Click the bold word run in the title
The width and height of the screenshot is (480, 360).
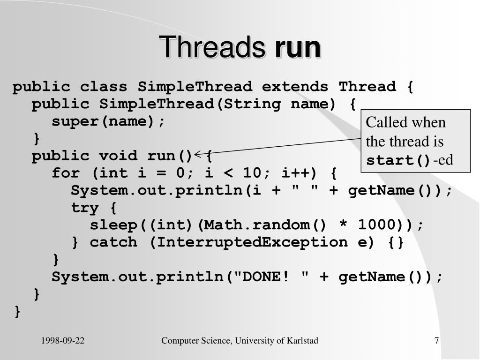pos(298,48)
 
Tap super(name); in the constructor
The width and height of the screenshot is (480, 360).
pos(109,121)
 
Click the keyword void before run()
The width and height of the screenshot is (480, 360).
pos(118,156)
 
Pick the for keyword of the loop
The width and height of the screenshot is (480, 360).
pos(66,173)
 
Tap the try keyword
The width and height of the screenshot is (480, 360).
pos(85,208)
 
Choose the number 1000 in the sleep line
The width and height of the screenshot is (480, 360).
pos(376,225)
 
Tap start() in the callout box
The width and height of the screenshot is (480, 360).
pos(398,161)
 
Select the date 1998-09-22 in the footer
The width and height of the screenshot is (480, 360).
pos(63,341)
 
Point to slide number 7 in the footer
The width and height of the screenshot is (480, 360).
pos(436,341)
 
